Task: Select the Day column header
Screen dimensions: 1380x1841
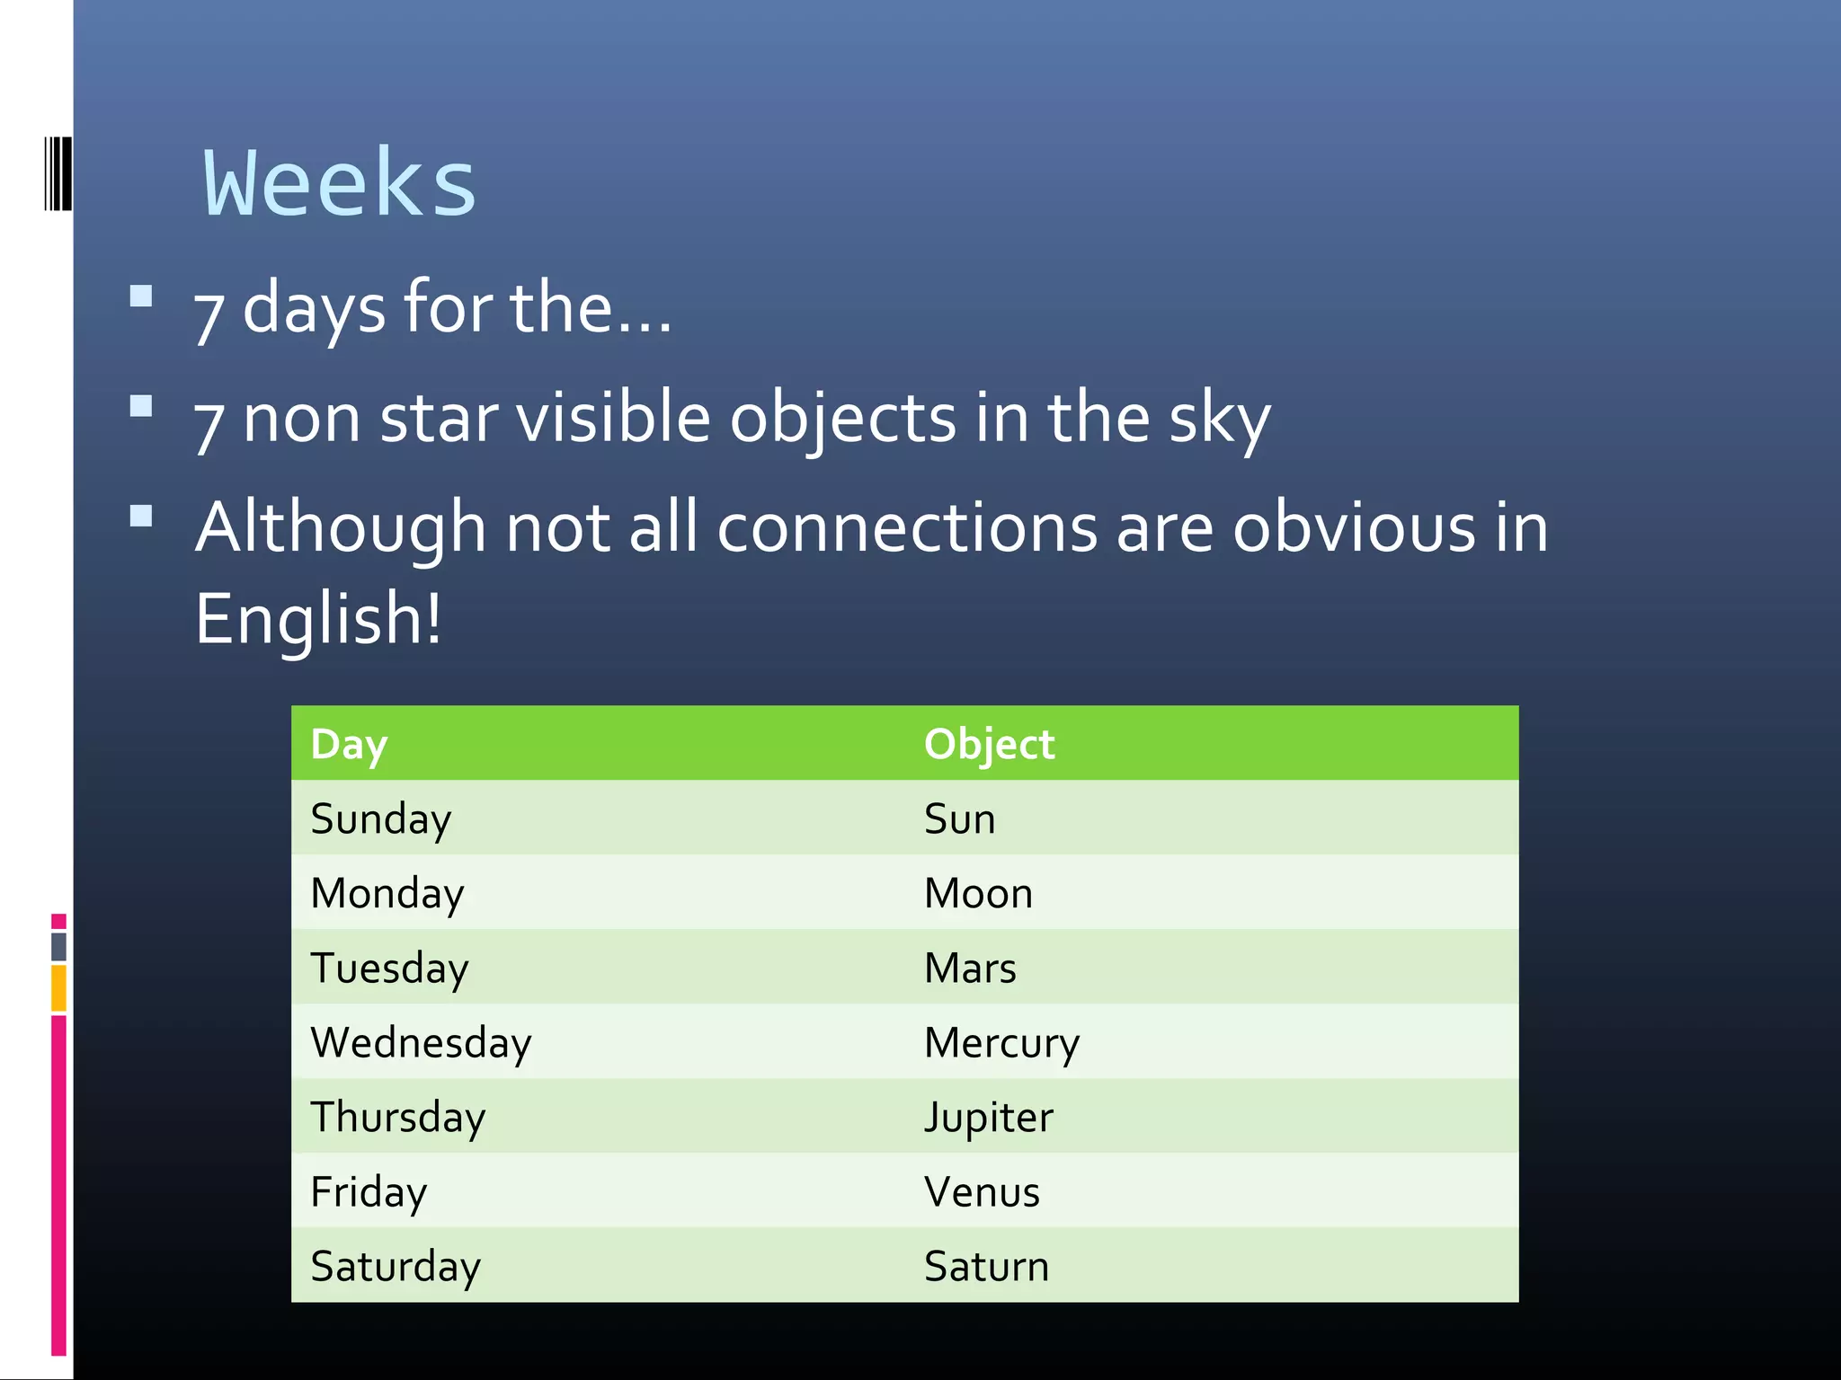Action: click(349, 744)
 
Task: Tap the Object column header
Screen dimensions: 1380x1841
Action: click(989, 744)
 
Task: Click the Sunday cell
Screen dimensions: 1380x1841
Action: click(380, 818)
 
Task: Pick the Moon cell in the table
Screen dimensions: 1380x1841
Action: click(978, 893)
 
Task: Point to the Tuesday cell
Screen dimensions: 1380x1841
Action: click(389, 968)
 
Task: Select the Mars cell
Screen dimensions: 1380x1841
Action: click(970, 968)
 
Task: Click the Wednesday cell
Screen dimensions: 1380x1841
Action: click(421, 1042)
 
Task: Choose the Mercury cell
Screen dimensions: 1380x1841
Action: click(1001, 1042)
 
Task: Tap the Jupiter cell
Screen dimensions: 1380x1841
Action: click(988, 1117)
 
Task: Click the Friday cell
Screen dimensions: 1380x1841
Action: click(369, 1191)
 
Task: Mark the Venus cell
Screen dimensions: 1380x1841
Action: click(982, 1191)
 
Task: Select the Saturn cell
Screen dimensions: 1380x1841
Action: click(986, 1266)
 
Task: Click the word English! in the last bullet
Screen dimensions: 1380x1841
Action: click(318, 618)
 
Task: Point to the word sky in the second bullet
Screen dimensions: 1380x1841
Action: click(1219, 419)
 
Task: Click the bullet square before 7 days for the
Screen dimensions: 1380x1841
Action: click(141, 296)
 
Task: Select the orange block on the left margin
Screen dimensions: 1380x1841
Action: click(58, 987)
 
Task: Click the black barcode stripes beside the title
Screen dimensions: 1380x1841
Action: click(58, 173)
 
